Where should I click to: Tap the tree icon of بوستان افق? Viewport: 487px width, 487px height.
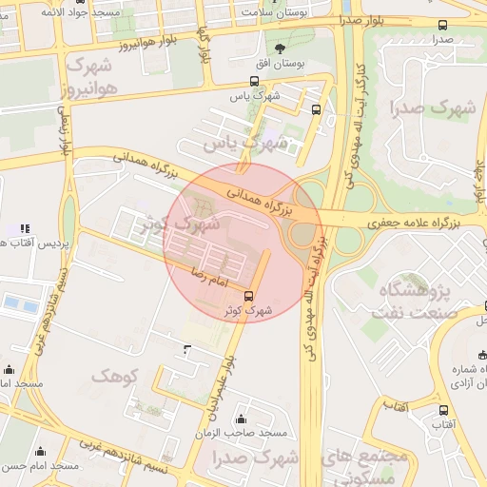tap(280, 48)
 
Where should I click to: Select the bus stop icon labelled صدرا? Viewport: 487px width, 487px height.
tap(441, 26)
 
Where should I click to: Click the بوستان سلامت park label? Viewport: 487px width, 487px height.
tap(275, 12)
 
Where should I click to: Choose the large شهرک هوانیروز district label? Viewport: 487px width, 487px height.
tap(89, 75)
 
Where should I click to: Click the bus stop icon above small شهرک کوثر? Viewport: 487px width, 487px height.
tap(249, 296)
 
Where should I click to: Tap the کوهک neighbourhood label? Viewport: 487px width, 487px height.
tap(114, 377)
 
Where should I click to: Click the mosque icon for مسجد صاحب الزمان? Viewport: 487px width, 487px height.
tap(240, 419)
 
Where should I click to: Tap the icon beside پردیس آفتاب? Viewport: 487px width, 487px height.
tap(24, 229)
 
